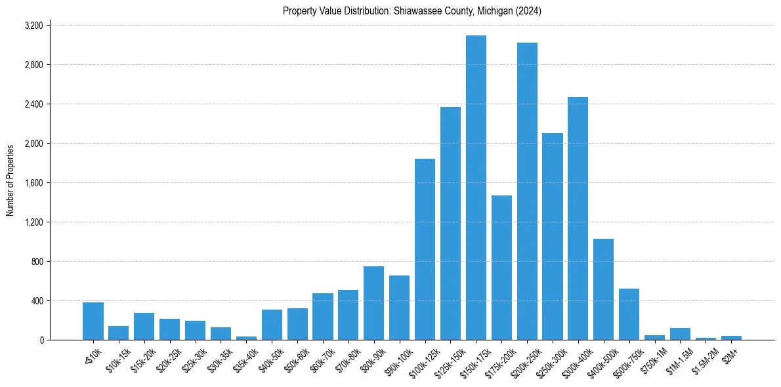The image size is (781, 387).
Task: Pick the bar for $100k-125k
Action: [x=425, y=249]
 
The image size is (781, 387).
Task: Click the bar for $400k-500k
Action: [x=603, y=289]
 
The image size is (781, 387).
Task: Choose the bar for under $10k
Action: [x=93, y=321]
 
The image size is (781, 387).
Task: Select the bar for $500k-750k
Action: [x=629, y=314]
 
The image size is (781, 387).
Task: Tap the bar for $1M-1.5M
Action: [x=680, y=334]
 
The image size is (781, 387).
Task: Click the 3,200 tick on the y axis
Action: [x=33, y=26]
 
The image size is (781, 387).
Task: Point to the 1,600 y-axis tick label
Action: [x=33, y=183]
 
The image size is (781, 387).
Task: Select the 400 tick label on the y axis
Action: [x=36, y=301]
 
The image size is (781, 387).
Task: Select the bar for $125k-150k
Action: [x=450, y=223]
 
